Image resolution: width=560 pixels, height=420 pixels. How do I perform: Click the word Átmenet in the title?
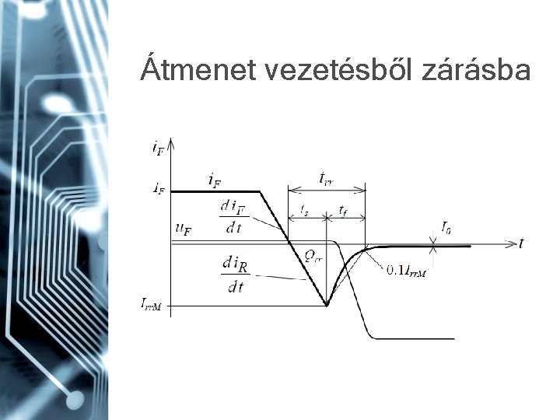click(198, 71)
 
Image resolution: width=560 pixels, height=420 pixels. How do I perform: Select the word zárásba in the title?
click(476, 71)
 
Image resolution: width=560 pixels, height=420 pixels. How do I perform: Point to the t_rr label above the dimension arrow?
click(327, 178)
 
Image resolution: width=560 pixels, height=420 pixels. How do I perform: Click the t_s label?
click(305, 210)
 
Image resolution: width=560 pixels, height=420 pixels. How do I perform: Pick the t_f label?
click(343, 210)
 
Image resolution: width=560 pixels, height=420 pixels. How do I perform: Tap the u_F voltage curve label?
click(184, 229)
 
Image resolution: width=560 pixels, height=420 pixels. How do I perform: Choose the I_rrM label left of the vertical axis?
click(151, 305)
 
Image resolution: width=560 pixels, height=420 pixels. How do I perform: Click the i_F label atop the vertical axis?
click(158, 146)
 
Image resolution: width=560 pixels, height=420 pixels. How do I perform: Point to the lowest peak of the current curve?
click(327, 305)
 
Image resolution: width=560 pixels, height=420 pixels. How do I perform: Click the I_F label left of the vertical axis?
click(157, 189)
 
